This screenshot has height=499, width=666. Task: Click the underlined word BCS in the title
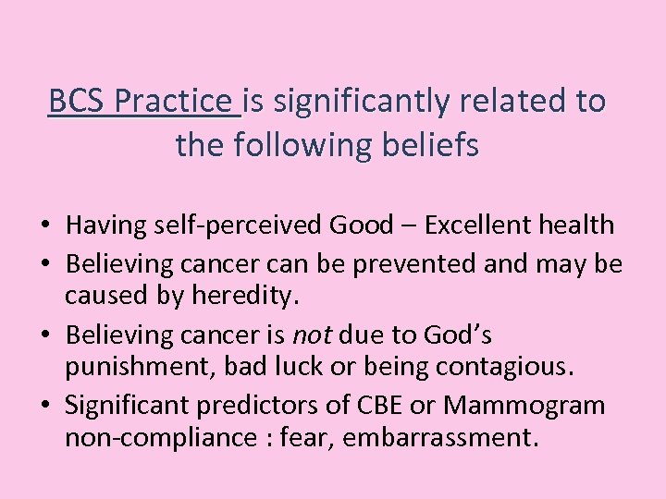coord(77,101)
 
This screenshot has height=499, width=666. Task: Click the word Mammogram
coord(524,405)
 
